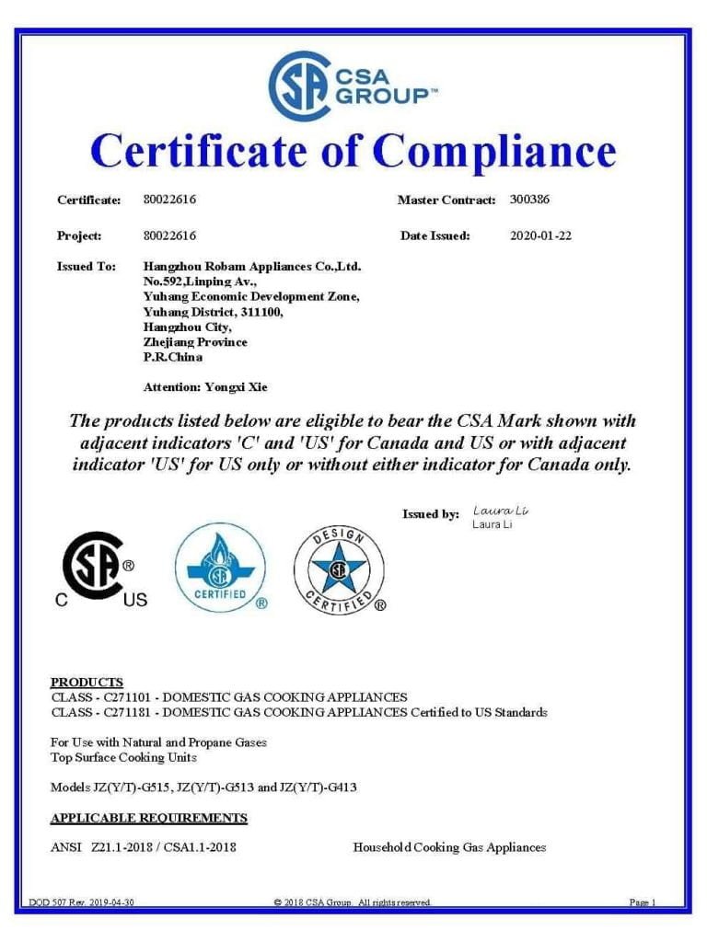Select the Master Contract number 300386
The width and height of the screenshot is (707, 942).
529,199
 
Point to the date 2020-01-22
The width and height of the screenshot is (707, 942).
540,235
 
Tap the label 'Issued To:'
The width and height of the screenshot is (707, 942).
87,267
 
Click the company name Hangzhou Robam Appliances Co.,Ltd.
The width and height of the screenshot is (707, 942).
252,267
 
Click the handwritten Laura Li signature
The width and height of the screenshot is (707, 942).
501,511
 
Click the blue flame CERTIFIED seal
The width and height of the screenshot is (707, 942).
221,569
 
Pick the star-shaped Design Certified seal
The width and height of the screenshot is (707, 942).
339,570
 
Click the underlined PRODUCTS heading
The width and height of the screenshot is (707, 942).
87,682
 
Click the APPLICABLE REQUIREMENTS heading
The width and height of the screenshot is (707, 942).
148,818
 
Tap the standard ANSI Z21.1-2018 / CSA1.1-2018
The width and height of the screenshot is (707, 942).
143,847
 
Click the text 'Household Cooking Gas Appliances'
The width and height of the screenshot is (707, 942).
449,847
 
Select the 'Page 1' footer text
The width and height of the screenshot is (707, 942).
642,902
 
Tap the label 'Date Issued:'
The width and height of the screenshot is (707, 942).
435,235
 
